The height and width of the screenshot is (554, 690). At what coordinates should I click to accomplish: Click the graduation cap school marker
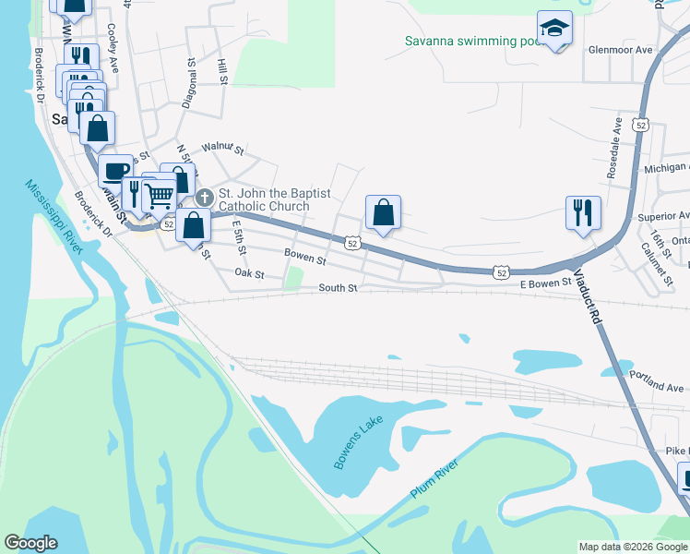(x=554, y=29)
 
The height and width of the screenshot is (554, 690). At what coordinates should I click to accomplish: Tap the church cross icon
(x=205, y=197)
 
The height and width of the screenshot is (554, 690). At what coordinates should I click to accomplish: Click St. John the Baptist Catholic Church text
(x=274, y=200)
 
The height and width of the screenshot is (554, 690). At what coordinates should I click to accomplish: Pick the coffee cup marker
(x=115, y=170)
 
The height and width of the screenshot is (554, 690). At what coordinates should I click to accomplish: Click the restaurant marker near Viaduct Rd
(x=583, y=212)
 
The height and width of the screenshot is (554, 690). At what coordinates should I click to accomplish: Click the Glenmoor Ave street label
(x=621, y=50)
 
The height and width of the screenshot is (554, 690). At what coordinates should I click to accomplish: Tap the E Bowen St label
(x=546, y=283)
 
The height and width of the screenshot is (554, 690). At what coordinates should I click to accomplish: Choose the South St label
(x=338, y=288)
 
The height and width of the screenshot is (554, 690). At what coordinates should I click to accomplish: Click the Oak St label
(x=249, y=274)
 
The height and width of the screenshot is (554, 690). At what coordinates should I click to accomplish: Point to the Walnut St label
(x=222, y=148)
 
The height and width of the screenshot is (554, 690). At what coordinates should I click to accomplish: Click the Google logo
(x=30, y=543)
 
